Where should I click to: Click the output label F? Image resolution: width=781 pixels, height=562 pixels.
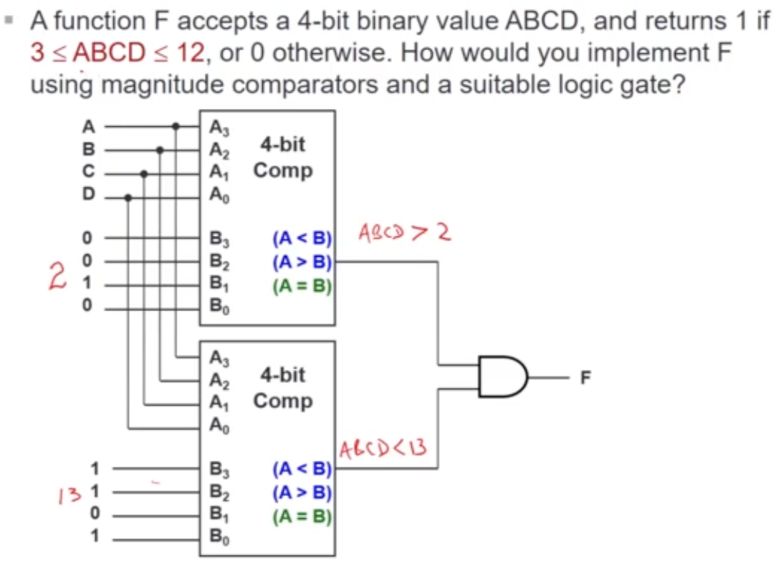pyautogui.click(x=585, y=377)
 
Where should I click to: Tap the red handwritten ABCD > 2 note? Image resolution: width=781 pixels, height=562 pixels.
pyautogui.click(x=403, y=232)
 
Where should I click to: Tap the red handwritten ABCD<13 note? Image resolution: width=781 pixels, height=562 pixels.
pyautogui.click(x=383, y=450)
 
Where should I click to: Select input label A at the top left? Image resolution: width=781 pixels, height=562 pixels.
pyautogui.click(x=89, y=127)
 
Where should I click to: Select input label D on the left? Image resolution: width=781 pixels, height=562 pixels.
pyautogui.click(x=89, y=196)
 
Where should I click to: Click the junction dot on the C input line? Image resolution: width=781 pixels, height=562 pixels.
pyautogui.click(x=144, y=173)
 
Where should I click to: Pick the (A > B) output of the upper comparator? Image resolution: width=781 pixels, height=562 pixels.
pyautogui.click(x=301, y=262)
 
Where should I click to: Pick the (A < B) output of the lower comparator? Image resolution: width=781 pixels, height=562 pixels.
pyautogui.click(x=302, y=470)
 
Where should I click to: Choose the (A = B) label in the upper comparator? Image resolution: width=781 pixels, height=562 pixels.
pyautogui.click(x=302, y=286)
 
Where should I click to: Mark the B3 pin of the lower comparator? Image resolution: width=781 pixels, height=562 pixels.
pyautogui.click(x=218, y=470)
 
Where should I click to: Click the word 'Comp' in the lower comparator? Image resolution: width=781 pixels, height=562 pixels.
pyautogui.click(x=282, y=400)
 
